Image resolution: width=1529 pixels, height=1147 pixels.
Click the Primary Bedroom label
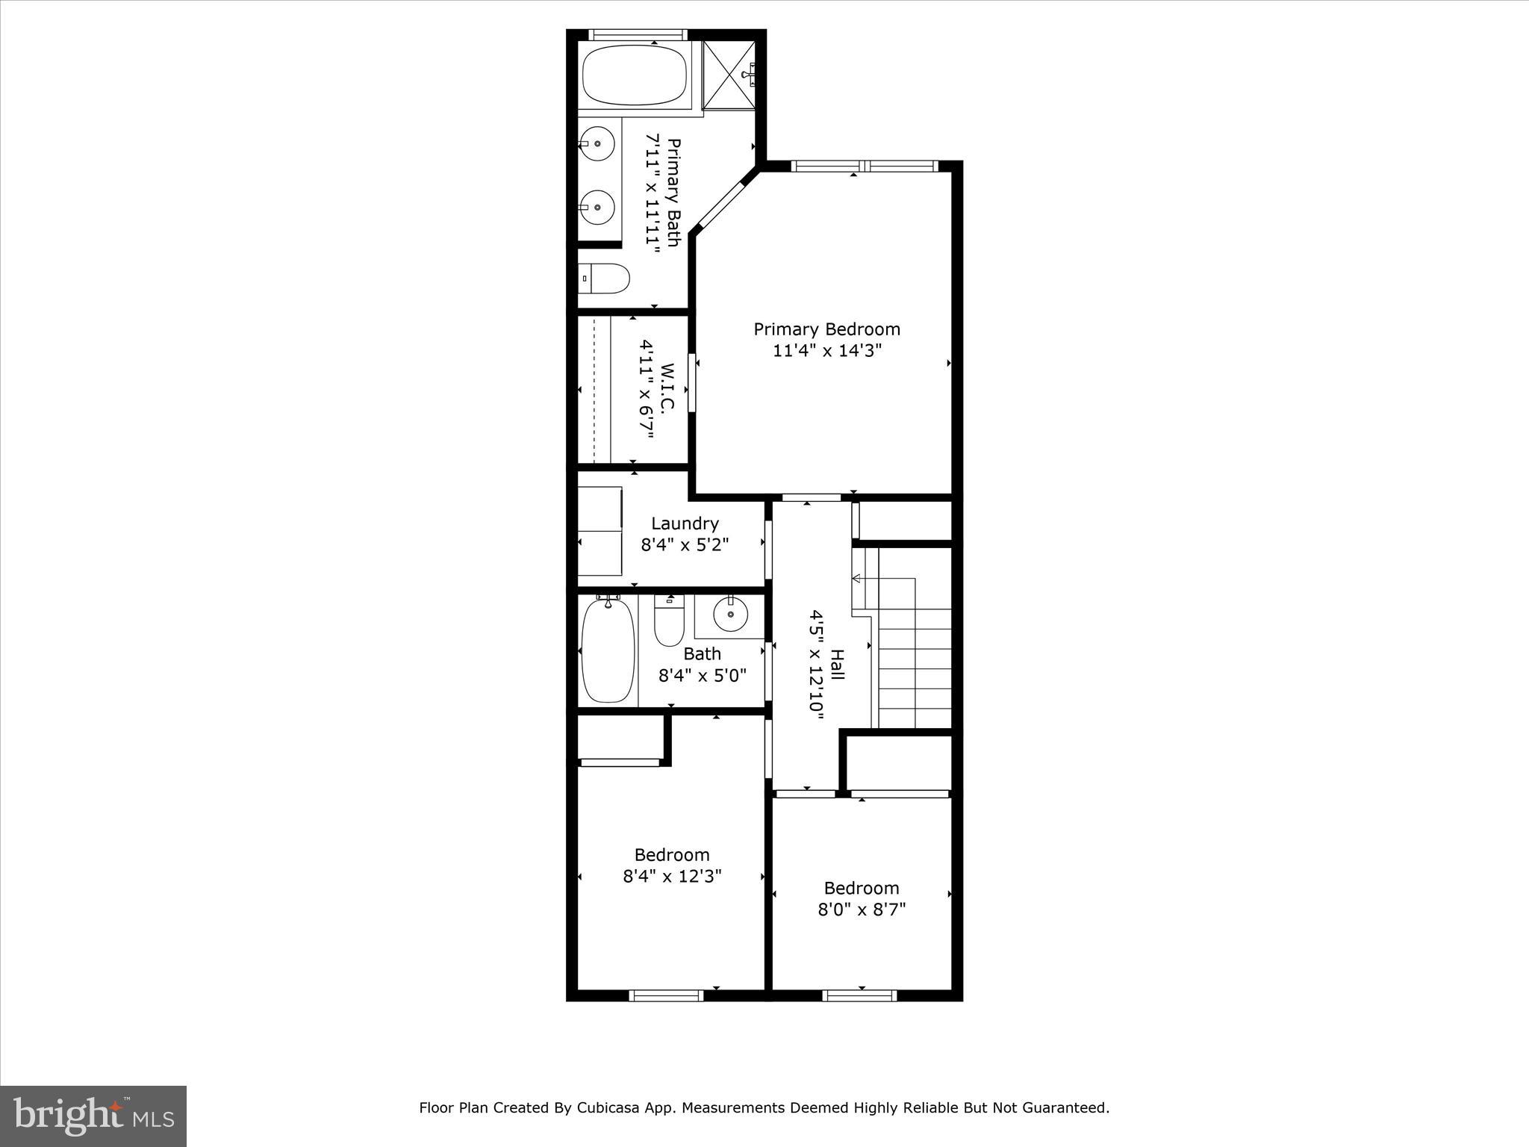(826, 329)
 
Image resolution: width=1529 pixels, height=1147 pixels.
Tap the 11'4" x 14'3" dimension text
(826, 351)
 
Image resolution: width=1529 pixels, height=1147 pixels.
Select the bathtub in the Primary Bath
(634, 75)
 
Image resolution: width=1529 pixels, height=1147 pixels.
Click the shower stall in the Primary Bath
(730, 76)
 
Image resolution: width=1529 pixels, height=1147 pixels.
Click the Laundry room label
(685, 523)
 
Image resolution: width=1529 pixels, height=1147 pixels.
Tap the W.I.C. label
(668, 388)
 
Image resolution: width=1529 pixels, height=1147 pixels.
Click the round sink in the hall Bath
(729, 615)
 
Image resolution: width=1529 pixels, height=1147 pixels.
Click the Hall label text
(838, 665)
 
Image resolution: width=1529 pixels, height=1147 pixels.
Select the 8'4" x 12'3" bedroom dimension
(672, 876)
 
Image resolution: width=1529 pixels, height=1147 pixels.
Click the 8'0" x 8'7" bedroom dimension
(861, 910)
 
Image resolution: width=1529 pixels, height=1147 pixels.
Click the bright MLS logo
(93, 1116)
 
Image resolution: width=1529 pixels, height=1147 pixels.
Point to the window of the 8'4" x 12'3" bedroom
(666, 995)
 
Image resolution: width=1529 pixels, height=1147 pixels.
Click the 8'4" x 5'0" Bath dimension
(702, 676)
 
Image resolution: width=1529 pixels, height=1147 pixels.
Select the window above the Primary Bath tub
(637, 34)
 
